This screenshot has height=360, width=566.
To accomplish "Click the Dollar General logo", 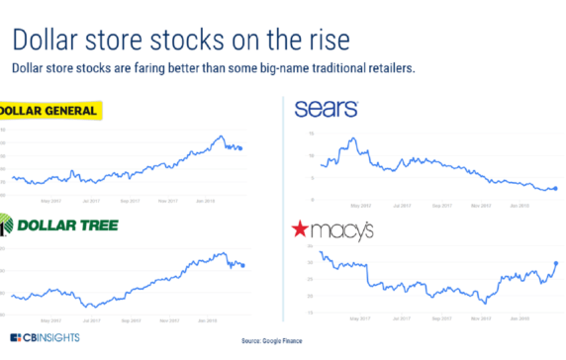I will point(49,111).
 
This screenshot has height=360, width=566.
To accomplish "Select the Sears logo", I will point(326,109).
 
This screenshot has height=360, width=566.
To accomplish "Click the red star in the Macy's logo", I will point(299,230).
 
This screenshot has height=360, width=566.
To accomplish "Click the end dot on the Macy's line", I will point(556,263).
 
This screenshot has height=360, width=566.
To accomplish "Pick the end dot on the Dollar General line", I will point(240,148).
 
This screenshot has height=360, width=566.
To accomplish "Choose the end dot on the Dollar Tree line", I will point(243,265).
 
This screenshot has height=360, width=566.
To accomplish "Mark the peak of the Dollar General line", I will point(222,135).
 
